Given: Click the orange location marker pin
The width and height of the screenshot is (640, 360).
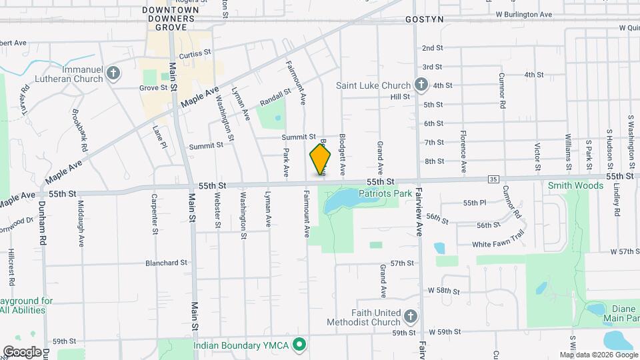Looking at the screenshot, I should click(x=320, y=159).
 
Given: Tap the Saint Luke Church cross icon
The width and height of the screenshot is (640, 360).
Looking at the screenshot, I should click(x=421, y=85).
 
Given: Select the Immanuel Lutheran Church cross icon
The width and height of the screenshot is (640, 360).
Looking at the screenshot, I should click(x=114, y=73).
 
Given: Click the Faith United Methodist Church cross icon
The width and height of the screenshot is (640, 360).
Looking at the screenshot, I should click(x=411, y=315).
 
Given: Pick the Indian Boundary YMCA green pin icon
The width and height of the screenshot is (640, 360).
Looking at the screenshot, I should click(x=300, y=345).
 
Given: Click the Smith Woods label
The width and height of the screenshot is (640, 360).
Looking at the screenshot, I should click(x=575, y=186).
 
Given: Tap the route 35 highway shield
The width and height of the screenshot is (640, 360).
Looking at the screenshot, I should click(x=493, y=179).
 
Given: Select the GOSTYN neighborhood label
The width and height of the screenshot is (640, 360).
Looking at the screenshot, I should click(x=424, y=20).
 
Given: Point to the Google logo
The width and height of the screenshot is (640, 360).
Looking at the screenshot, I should click(x=22, y=351).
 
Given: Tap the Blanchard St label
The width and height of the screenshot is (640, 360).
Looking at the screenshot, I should click(x=166, y=263).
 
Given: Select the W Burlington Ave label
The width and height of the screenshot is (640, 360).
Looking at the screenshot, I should click(x=523, y=14).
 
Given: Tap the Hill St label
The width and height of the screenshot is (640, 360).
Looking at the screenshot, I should click(x=400, y=97).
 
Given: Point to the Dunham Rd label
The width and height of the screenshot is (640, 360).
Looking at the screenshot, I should click(x=42, y=221).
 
